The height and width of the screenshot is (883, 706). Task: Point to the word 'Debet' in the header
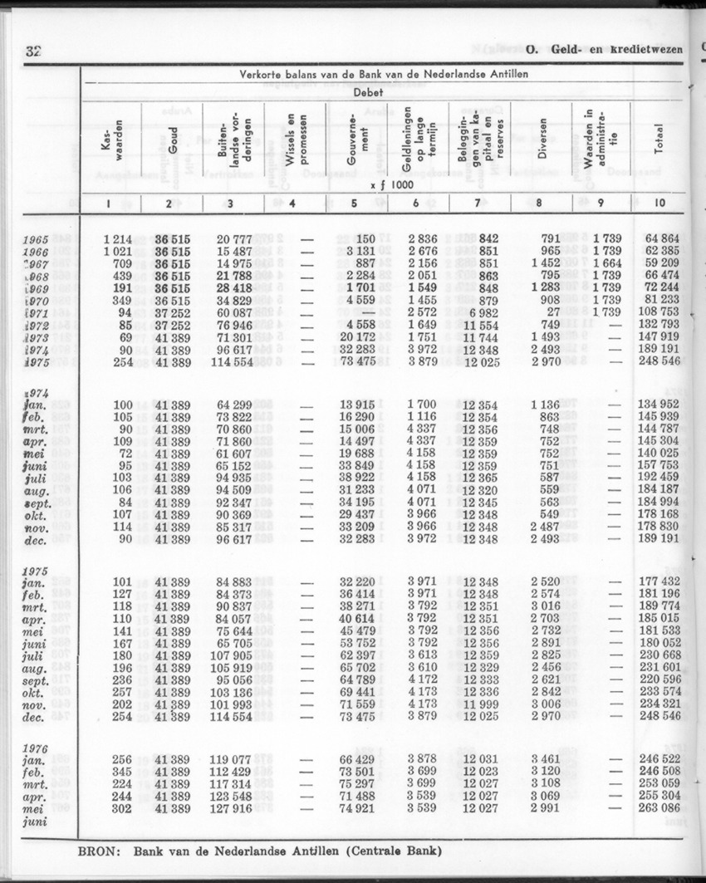[x=368, y=93]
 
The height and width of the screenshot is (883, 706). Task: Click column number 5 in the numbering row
[x=354, y=204]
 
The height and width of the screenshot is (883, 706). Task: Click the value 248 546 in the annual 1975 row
[x=662, y=363]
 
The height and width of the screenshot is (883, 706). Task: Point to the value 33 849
[x=357, y=466]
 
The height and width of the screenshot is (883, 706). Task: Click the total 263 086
[x=662, y=807]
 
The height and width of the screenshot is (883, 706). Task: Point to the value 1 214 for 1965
[x=118, y=239]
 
